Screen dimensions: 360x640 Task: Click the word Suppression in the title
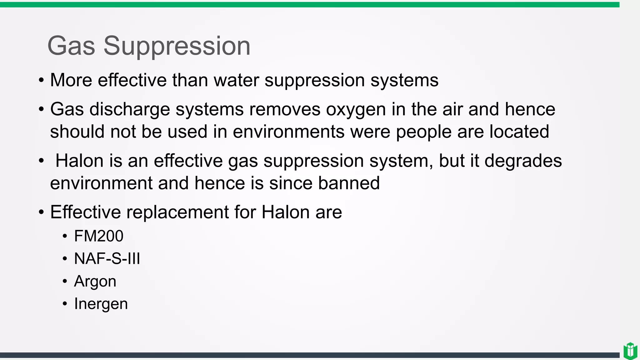[177, 46]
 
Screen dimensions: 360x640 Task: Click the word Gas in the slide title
[71, 46]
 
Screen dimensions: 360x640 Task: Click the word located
[519, 132]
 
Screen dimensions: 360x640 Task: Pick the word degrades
[523, 161]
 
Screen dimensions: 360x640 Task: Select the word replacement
[177, 212]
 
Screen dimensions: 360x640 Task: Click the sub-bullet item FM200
[98, 236]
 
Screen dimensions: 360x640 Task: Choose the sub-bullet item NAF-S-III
[107, 259]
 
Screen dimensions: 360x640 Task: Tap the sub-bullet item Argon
[95, 281]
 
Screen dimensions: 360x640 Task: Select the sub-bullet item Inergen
[101, 304]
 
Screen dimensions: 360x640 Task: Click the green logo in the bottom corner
[630, 351]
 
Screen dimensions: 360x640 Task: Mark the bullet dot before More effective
[41, 81]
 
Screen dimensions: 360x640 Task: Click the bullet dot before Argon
[65, 281]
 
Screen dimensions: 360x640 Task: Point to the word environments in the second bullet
[288, 132]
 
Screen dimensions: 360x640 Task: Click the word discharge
[130, 110]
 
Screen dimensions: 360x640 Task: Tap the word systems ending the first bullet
[404, 81]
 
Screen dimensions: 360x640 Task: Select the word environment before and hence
[101, 183]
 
